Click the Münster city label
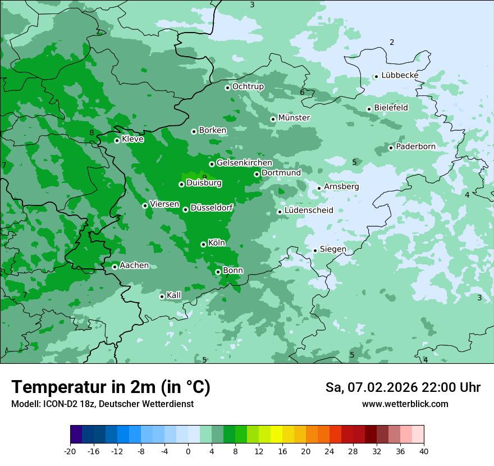(x=294, y=118)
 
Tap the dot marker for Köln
(x=203, y=244)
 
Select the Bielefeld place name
(x=391, y=108)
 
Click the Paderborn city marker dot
(x=391, y=148)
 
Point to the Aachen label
(x=134, y=266)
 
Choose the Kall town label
(x=174, y=295)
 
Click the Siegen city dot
(x=315, y=250)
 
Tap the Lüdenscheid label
(x=309, y=211)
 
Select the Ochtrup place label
(x=248, y=87)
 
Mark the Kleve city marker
(x=117, y=140)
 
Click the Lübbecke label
(x=400, y=75)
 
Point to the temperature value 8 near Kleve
(x=92, y=133)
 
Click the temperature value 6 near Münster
(x=302, y=92)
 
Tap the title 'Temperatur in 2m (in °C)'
(x=111, y=387)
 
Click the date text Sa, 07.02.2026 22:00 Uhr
(x=402, y=387)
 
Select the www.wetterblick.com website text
(x=405, y=404)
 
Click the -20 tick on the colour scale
(x=70, y=451)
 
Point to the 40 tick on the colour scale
(x=424, y=451)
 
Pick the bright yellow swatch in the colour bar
(x=276, y=435)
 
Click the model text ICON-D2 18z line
(x=102, y=404)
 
